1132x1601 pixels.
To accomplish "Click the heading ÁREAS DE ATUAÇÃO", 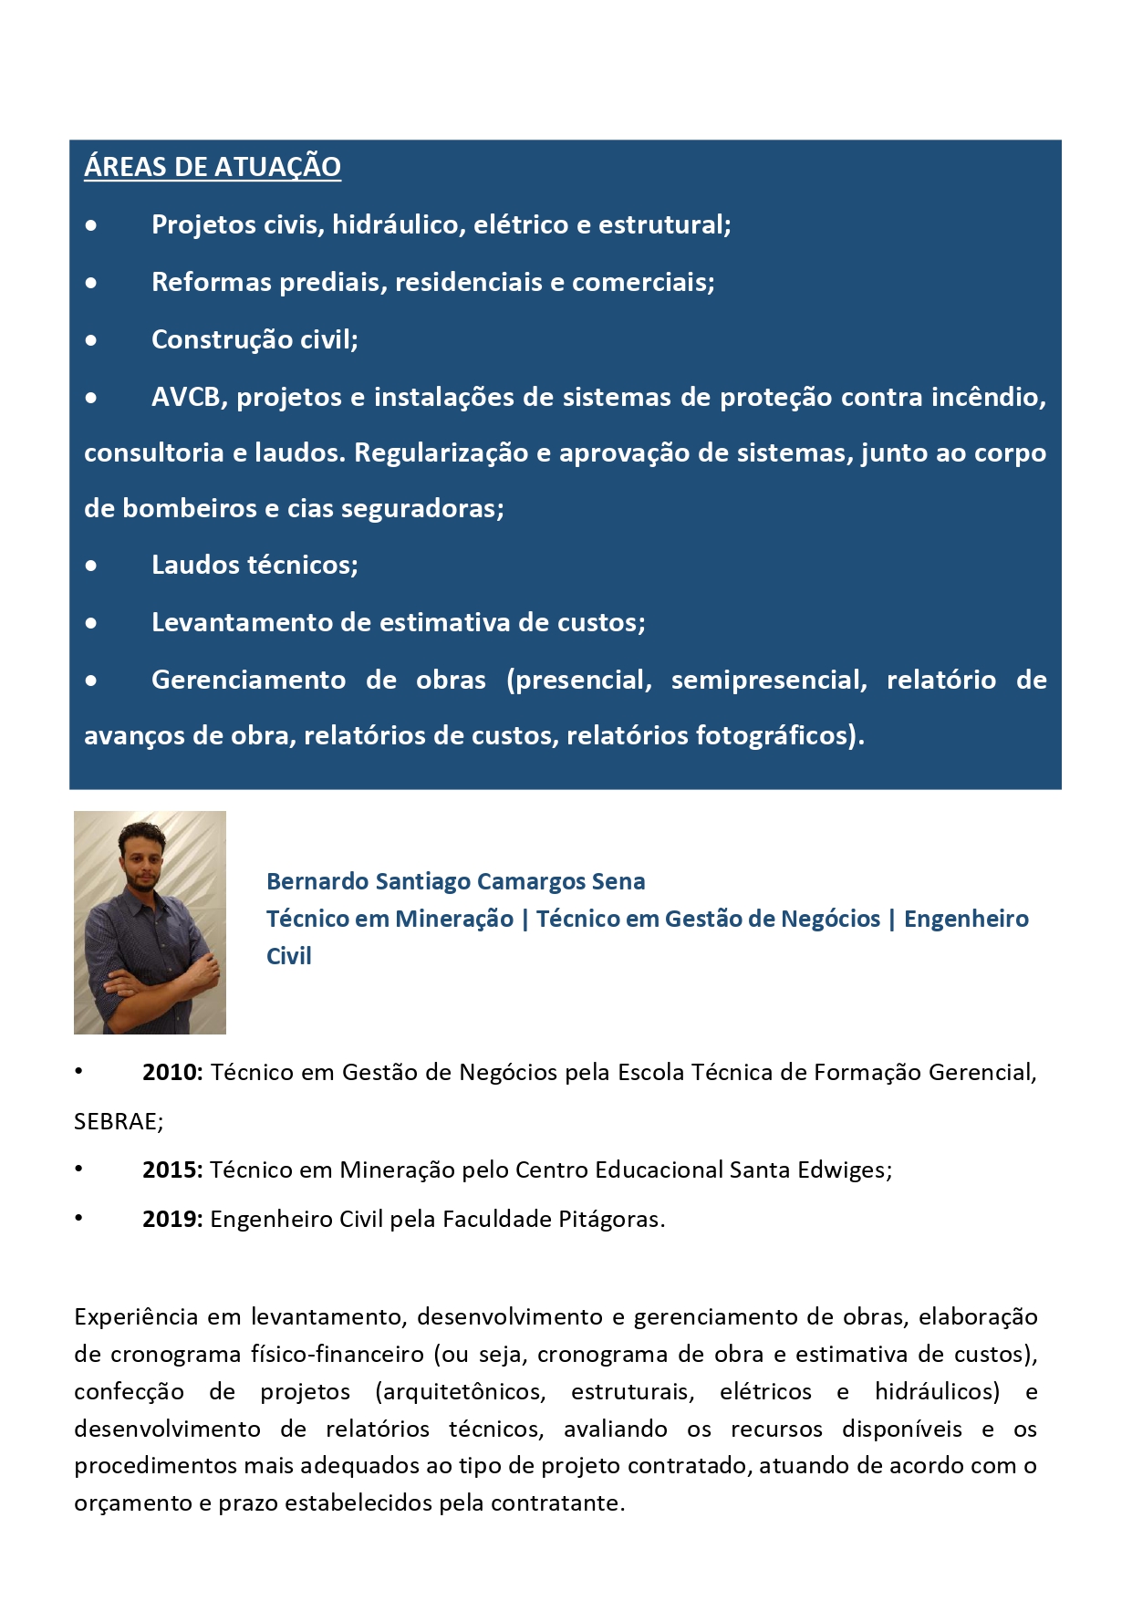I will coord(212,167).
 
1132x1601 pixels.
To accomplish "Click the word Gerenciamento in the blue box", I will coord(248,681).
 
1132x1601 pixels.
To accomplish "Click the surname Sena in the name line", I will coord(618,881).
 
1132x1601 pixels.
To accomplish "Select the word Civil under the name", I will coord(288,956).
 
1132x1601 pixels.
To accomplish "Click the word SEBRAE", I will coord(117,1122).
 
